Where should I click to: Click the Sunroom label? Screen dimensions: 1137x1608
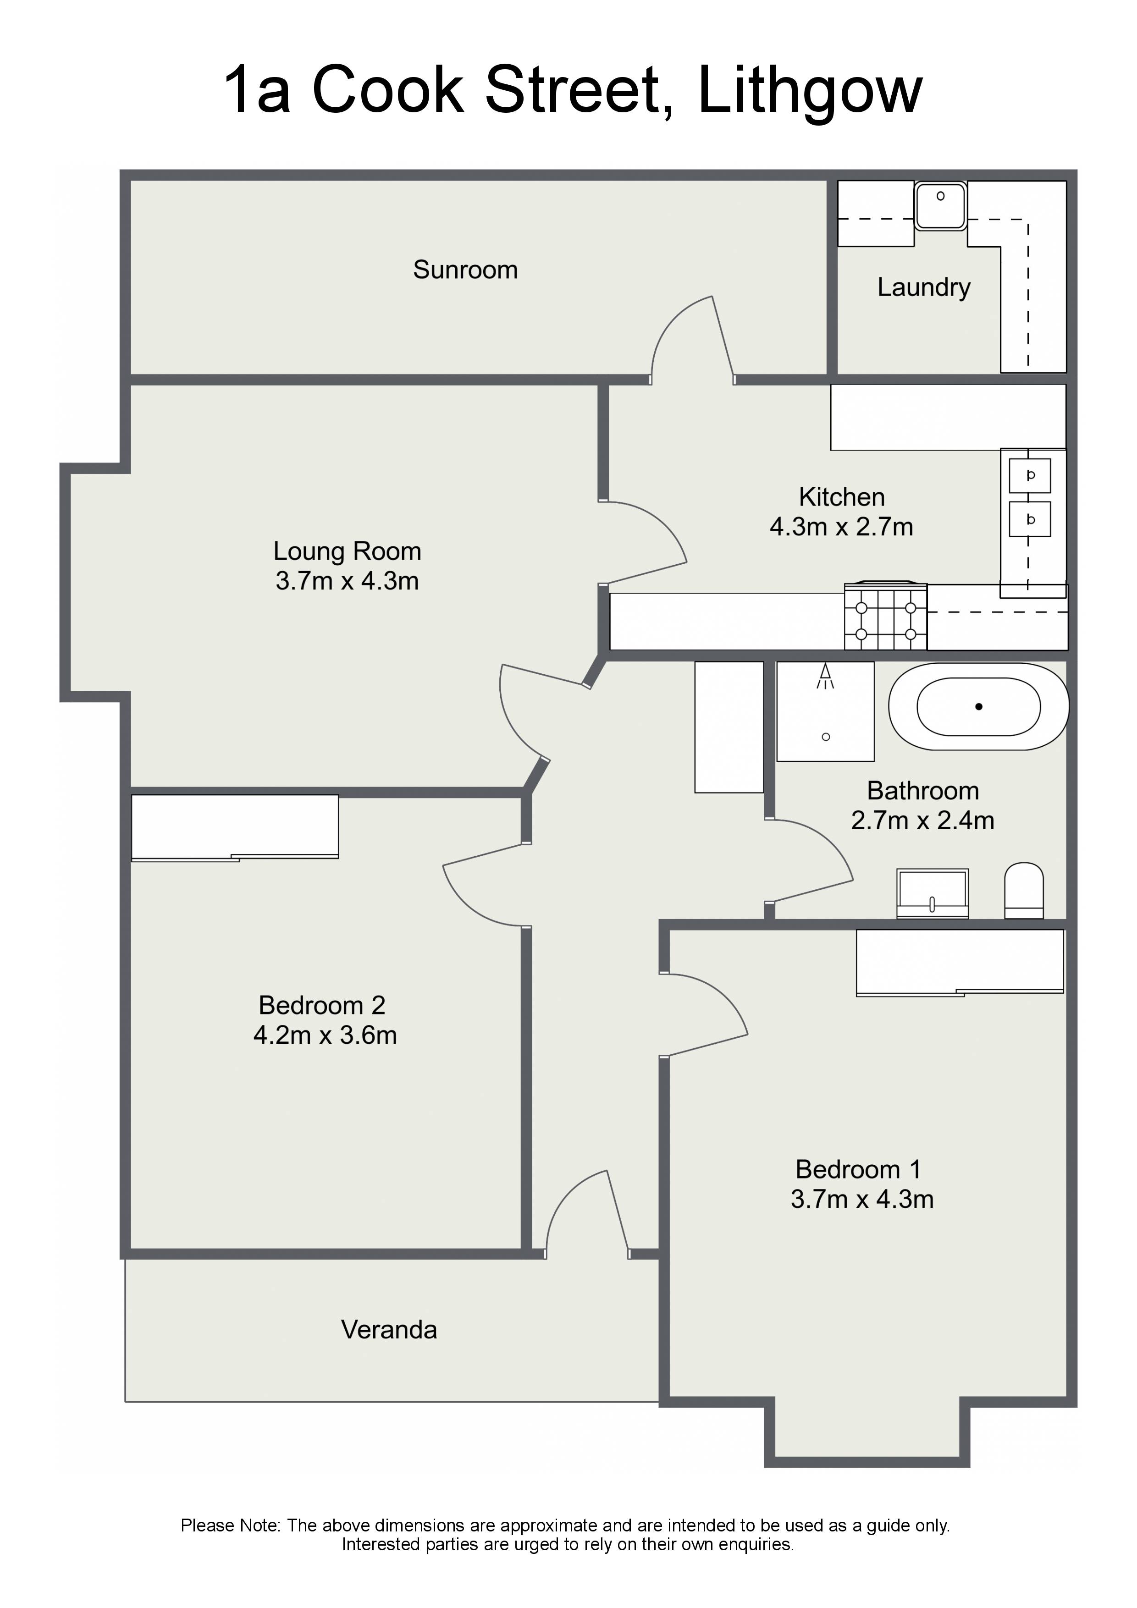pos(465,270)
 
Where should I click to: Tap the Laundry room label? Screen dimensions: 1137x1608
pos(923,287)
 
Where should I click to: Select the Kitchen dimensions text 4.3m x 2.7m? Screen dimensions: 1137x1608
pos(841,527)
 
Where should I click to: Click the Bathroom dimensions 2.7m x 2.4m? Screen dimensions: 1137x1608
pos(922,820)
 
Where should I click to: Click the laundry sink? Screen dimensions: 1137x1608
pos(940,205)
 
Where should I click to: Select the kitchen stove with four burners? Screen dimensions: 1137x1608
pos(885,617)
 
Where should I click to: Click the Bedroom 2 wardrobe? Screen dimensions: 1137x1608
pos(235,827)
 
